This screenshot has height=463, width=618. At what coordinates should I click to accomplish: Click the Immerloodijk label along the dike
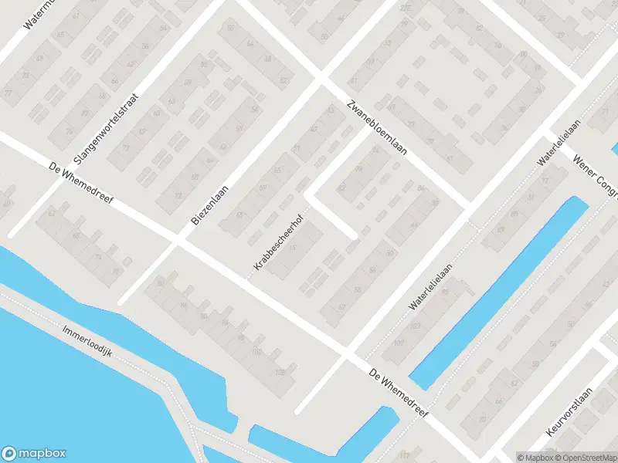click(88, 340)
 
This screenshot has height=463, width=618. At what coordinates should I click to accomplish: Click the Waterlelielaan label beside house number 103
click(430, 286)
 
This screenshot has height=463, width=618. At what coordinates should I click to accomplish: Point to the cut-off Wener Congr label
click(596, 172)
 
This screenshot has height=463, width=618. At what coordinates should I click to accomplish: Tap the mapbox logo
click(34, 454)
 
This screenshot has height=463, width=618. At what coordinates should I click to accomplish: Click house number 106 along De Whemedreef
click(279, 373)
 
